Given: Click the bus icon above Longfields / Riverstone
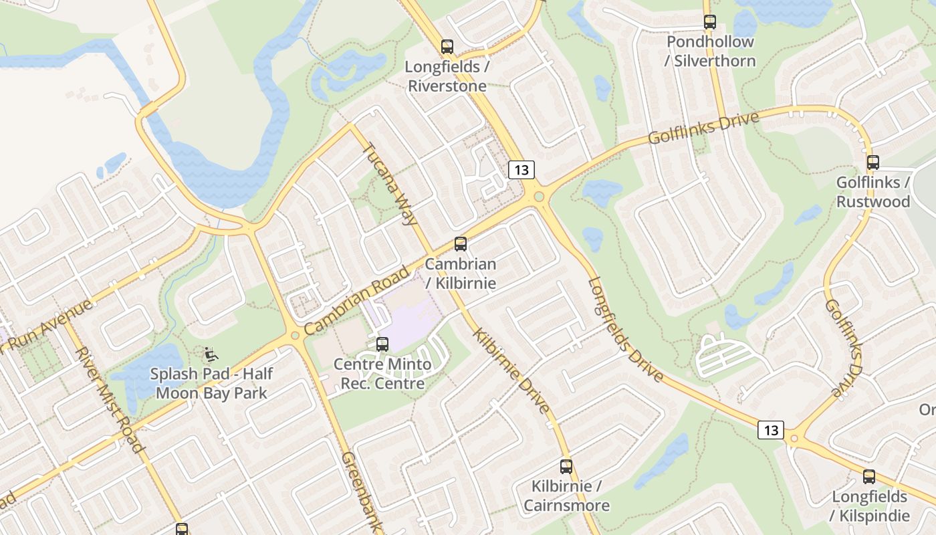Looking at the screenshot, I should tap(447, 47).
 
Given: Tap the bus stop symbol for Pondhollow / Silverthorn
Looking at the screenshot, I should tap(710, 22).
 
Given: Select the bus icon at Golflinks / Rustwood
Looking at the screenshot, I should tap(873, 163).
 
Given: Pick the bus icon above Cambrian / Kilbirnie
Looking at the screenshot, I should tap(461, 244).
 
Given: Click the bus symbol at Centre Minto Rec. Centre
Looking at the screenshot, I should tap(382, 344).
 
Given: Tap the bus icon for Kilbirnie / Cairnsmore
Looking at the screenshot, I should tap(566, 467).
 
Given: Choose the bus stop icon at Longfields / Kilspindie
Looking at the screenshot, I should tap(869, 477).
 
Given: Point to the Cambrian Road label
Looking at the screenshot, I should tap(356, 301).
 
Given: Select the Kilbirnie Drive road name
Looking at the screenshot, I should tap(511, 370).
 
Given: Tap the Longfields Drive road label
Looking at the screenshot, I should tap(626, 330).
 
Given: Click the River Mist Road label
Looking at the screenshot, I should tap(110, 399).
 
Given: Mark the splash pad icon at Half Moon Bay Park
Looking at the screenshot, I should tap(210, 352).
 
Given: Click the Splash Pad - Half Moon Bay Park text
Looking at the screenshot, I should tap(211, 383).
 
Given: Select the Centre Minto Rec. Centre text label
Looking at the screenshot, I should tap(382, 374).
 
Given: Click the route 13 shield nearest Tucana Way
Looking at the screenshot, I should tap(521, 170).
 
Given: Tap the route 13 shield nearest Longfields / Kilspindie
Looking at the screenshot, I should tap(771, 430).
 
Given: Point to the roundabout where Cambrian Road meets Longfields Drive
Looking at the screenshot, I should tap(538, 197).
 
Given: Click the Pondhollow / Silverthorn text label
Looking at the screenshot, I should tap(710, 51).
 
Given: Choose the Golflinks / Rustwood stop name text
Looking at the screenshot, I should tap(873, 192).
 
